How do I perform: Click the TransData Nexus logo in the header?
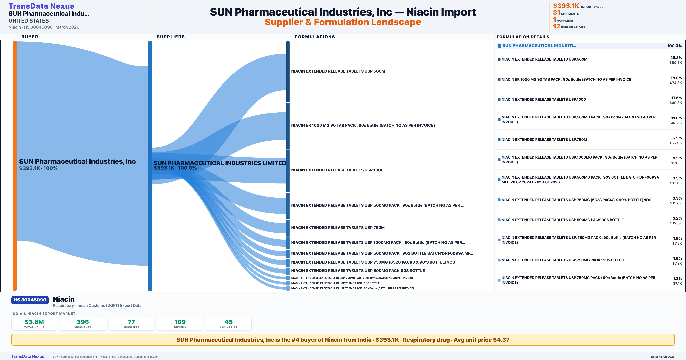pyautogui.click(x=41, y=6)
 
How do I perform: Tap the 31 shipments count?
pyautogui.click(x=557, y=13)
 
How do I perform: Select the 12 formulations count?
pyautogui.click(x=557, y=26)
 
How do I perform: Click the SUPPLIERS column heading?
pyautogui.click(x=171, y=37)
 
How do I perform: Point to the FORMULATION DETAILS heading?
pyautogui.click(x=523, y=37)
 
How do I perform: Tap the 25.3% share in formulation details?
pyautogui.click(x=676, y=58)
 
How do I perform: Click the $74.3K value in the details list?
pyautogui.click(x=676, y=83)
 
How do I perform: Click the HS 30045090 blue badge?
pyautogui.click(x=30, y=300)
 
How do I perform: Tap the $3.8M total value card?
pyautogui.click(x=34, y=324)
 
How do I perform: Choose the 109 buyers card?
pyautogui.click(x=180, y=324)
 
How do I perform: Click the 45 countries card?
pyautogui.click(x=229, y=324)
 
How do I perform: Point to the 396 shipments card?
pyautogui.click(x=83, y=324)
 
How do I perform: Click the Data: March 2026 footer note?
pyautogui.click(x=663, y=357)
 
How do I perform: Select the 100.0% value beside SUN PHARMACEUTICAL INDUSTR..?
pyautogui.click(x=674, y=46)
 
